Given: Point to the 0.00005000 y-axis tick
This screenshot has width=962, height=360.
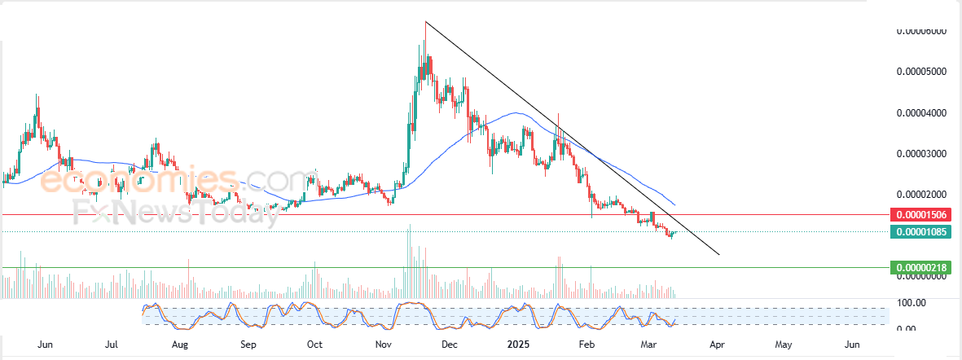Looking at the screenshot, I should tap(921, 72).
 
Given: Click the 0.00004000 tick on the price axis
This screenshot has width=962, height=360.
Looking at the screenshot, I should tap(921, 112).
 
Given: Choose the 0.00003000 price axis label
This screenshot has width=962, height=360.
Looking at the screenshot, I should tap(921, 154).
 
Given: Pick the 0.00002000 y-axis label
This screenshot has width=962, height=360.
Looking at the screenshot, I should tap(921, 195).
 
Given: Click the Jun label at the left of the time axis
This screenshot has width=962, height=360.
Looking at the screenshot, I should tap(46, 345).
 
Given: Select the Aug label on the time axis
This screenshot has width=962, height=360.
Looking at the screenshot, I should tap(181, 345).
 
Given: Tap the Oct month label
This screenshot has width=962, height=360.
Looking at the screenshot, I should tap(315, 345).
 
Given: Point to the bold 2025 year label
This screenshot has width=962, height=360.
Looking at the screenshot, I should tap(518, 345).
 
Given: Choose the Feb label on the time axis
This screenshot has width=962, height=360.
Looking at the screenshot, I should tap(586, 345).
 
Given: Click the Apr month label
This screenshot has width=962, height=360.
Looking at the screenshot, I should tap(717, 345).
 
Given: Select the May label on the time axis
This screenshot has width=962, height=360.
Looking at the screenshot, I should tap(784, 345).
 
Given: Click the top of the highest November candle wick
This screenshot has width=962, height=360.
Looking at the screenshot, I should tap(425, 22).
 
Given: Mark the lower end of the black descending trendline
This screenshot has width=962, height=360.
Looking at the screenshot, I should tap(719, 254).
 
